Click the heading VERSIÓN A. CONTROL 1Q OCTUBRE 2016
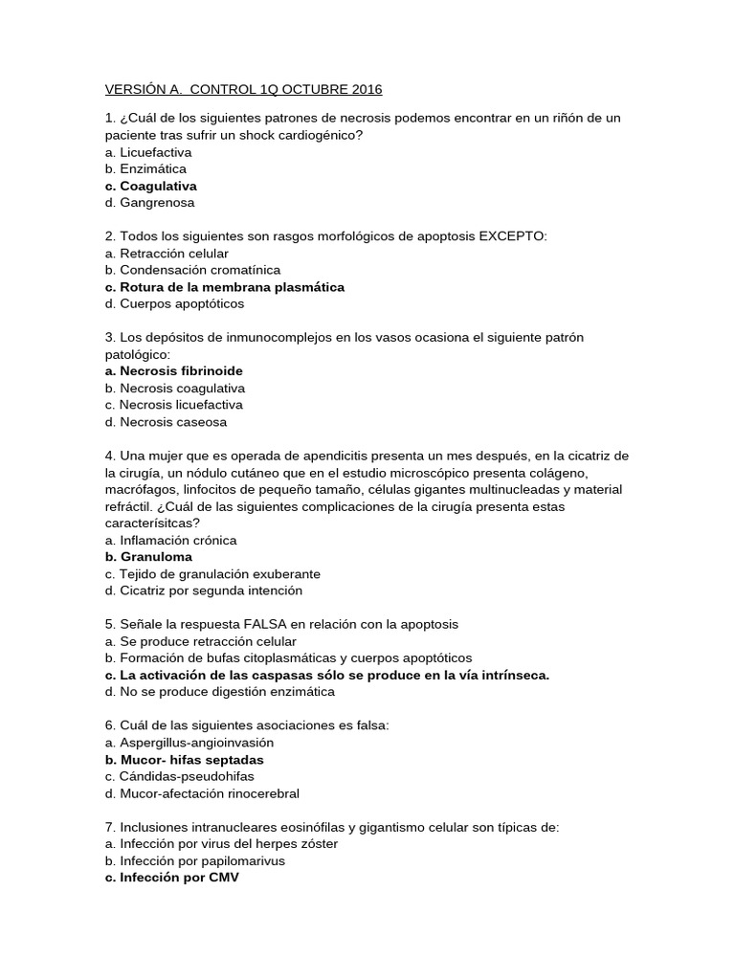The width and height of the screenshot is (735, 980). click(x=243, y=89)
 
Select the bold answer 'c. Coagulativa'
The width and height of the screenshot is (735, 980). click(x=151, y=186)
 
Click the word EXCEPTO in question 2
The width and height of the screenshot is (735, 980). click(x=513, y=236)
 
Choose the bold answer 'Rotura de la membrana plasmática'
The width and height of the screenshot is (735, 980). click(x=232, y=287)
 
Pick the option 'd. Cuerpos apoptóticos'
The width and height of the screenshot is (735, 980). click(x=174, y=303)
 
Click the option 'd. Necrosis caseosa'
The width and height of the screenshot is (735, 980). click(x=166, y=421)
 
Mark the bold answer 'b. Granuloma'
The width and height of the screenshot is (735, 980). click(x=148, y=556)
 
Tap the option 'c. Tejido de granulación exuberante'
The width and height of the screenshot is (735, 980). click(x=212, y=573)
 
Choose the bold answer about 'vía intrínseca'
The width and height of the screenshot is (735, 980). click(x=327, y=675)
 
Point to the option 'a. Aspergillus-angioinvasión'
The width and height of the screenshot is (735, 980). click(x=189, y=742)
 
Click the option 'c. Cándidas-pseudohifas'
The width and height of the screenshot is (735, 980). click(x=179, y=776)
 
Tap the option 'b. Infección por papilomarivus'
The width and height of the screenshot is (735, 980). click(x=195, y=860)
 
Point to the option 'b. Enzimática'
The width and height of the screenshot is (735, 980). click(x=145, y=169)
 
